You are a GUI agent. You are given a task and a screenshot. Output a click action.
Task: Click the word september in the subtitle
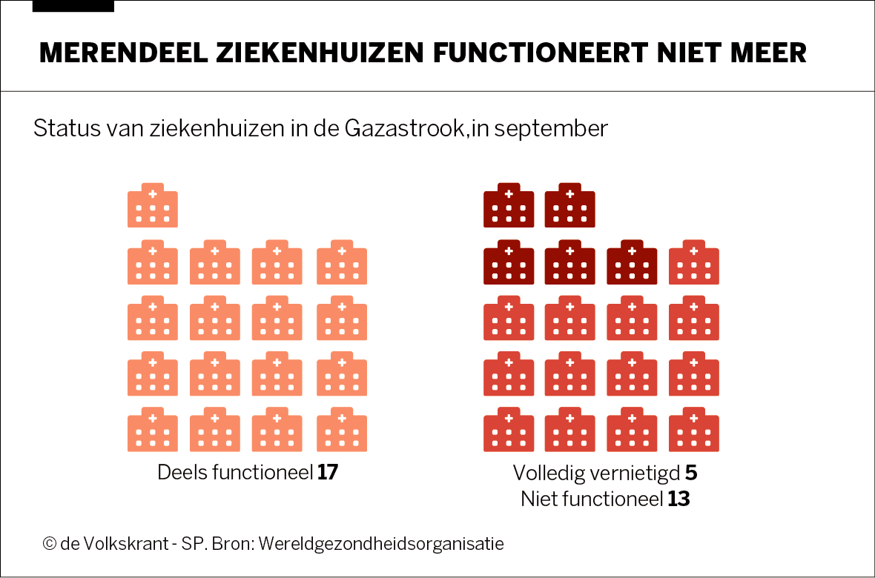pos(551,128)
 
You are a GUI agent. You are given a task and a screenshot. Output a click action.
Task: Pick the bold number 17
pos(327,472)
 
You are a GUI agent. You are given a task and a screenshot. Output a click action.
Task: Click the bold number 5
pos(691,472)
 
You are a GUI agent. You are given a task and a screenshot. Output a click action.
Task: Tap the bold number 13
pos(678,499)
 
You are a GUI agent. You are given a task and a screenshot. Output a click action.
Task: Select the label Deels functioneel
pos(234,472)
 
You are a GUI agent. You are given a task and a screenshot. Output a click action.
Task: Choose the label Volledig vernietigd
pos(596,472)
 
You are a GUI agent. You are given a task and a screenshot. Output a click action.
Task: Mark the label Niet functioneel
pos(591,499)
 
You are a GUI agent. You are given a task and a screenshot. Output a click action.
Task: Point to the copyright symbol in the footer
pos(49,543)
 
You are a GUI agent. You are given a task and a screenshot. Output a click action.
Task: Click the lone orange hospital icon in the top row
pos(153,205)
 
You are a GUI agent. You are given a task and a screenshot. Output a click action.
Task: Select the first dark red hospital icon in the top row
pos(509,205)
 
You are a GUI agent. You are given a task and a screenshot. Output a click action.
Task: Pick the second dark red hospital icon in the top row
pos(569,205)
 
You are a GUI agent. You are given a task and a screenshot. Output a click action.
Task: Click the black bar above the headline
pos(73,6)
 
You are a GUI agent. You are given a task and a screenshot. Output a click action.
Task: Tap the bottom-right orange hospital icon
pos(342,429)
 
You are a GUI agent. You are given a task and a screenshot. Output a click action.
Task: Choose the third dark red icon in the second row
pos(632,262)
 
